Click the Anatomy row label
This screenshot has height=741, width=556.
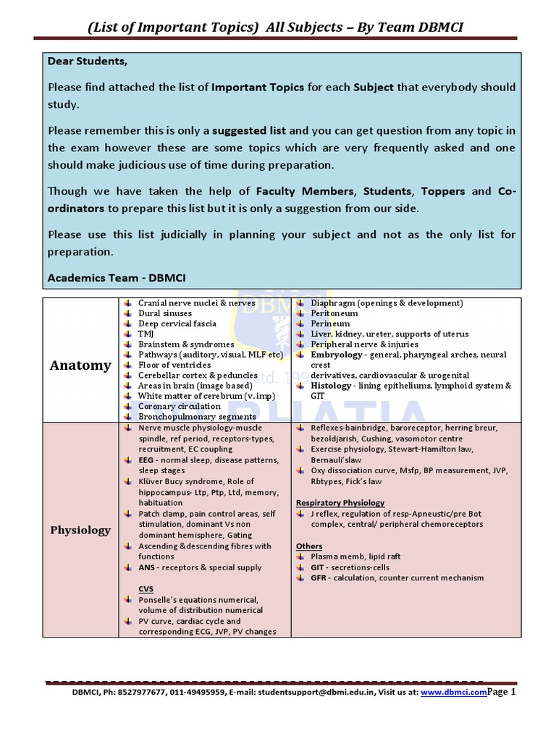click(x=80, y=365)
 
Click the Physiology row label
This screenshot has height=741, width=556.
click(x=80, y=530)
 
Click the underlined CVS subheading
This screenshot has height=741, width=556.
click(x=146, y=589)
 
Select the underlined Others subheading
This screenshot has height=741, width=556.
click(x=309, y=546)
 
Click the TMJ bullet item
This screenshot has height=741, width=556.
click(x=146, y=334)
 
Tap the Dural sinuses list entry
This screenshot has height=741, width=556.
click(x=165, y=313)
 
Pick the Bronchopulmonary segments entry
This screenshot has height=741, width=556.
click(x=187, y=417)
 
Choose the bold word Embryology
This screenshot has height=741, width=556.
click(x=337, y=355)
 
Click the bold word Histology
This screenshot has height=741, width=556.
click(x=331, y=386)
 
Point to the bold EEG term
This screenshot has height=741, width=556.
click(x=146, y=460)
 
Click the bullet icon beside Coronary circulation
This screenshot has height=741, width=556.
click(x=126, y=407)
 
